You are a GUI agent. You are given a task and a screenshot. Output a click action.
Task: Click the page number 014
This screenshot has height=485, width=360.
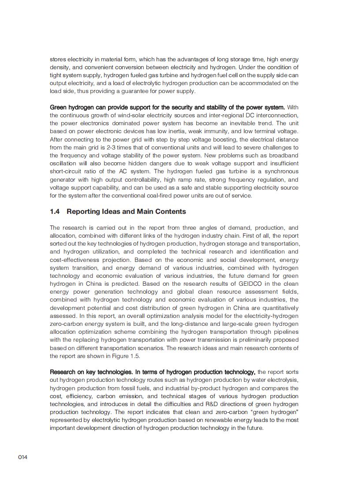(22, 457)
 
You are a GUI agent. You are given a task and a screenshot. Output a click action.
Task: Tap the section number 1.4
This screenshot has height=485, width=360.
(55, 212)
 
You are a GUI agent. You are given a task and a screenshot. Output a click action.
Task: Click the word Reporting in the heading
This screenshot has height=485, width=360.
(82, 212)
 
